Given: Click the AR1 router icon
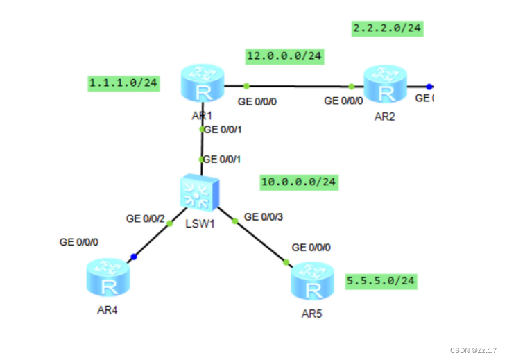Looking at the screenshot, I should pos(202,83).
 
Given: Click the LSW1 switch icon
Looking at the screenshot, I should pos(200,191).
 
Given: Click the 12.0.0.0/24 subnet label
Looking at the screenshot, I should pos(285,55).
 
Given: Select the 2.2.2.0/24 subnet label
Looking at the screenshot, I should pos(388,28).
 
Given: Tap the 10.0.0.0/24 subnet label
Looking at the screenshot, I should pos(300,182).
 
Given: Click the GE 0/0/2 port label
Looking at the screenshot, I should pos(145,218).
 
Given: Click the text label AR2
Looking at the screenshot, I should pos(384,117).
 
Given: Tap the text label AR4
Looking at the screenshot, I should pos(108,309).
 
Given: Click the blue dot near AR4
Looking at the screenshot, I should pos(134,257).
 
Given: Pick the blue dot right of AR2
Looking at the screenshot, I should pos(429,87).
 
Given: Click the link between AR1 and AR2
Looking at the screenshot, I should pos(298,86).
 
